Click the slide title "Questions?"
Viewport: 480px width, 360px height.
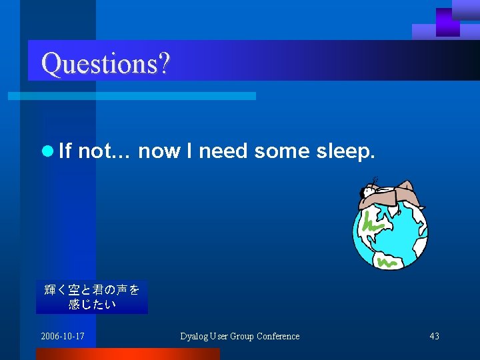(105, 63)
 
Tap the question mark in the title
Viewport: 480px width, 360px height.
(164, 63)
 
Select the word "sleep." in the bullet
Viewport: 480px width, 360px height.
(347, 152)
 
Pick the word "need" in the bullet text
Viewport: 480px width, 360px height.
(223, 151)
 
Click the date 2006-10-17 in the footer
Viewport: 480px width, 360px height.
(63, 336)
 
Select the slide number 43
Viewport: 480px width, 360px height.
(434, 336)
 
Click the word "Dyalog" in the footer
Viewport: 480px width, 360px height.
(195, 336)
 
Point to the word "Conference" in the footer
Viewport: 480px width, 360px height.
(278, 336)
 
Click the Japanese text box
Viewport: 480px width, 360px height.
(92, 297)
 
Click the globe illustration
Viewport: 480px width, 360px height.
(389, 233)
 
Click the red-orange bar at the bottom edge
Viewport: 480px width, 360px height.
(127, 354)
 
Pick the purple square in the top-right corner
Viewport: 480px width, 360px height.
(447, 22)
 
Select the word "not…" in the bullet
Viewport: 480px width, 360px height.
(107, 151)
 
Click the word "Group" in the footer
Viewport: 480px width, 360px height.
(241, 336)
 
